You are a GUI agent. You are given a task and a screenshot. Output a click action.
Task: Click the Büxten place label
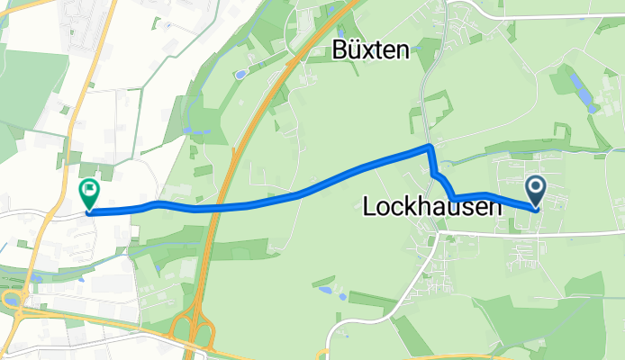click(371, 49)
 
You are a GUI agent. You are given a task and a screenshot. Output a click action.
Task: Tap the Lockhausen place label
click(431, 208)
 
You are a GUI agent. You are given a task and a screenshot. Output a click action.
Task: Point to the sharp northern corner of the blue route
click(431, 146)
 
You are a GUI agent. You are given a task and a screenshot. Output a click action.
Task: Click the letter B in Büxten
click(340, 49)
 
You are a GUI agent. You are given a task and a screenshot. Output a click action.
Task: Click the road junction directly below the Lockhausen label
click(439, 232)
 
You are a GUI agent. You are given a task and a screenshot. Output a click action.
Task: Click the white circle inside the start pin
click(536, 188)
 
